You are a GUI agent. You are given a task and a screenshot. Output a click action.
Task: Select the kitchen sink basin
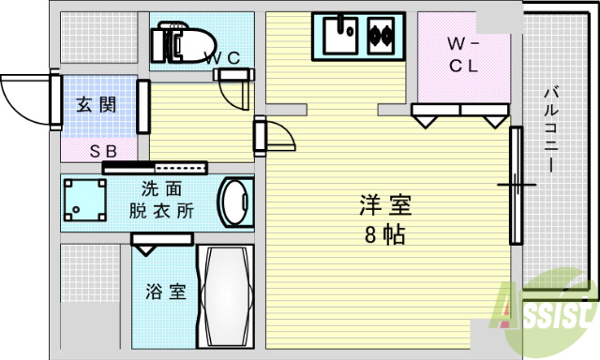339,37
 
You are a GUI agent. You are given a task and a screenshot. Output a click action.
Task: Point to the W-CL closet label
462,53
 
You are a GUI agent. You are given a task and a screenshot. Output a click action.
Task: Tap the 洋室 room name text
385,204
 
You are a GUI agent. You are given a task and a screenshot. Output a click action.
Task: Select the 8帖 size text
384,233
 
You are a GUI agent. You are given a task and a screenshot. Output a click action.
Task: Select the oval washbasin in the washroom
233,201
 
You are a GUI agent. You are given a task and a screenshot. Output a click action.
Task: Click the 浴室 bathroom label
165,291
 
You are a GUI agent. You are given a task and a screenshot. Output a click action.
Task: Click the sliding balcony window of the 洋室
515,184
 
